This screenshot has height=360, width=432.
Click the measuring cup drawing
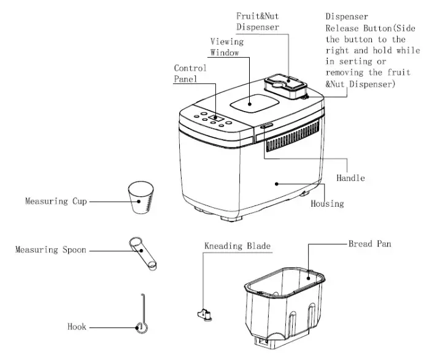(140, 197)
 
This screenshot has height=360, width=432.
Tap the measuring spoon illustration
(144, 255)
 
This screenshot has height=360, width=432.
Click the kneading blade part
(205, 315)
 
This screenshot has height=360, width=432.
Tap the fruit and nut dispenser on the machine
(284, 84)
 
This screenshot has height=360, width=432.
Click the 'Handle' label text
(350, 178)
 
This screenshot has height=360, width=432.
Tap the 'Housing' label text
(326, 203)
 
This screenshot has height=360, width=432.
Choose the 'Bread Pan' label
(369, 243)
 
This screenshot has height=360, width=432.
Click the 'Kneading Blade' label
(237, 246)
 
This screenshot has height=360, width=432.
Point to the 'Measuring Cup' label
(55, 201)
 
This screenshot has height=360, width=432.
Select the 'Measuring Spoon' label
(50, 250)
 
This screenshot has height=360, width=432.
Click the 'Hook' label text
(77, 327)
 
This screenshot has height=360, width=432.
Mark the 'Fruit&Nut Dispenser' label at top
(258, 21)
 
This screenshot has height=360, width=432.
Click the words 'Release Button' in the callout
(355, 28)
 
